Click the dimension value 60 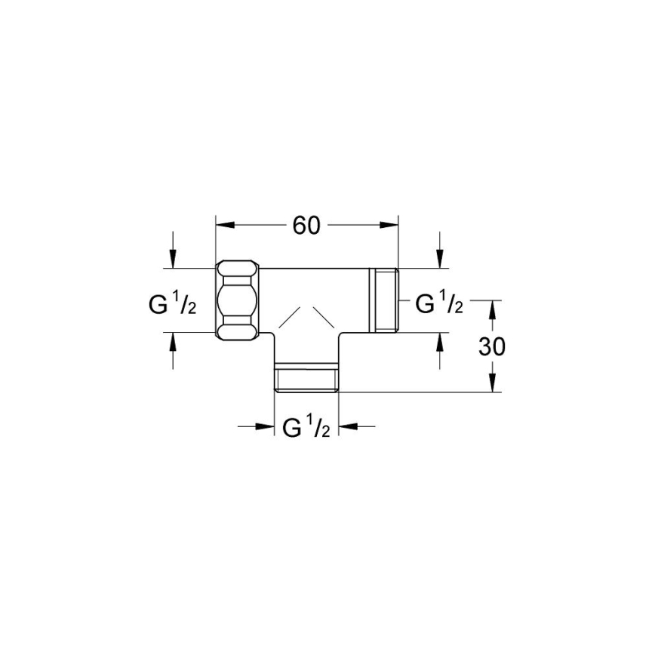[307, 226]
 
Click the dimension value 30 [492, 346]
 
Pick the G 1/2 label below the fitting [306, 428]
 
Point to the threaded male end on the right [385, 300]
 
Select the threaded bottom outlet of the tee [306, 380]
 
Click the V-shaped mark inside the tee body [306, 316]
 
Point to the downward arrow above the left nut [173, 259]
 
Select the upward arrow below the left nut [173, 342]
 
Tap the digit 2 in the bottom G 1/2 [325, 432]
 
